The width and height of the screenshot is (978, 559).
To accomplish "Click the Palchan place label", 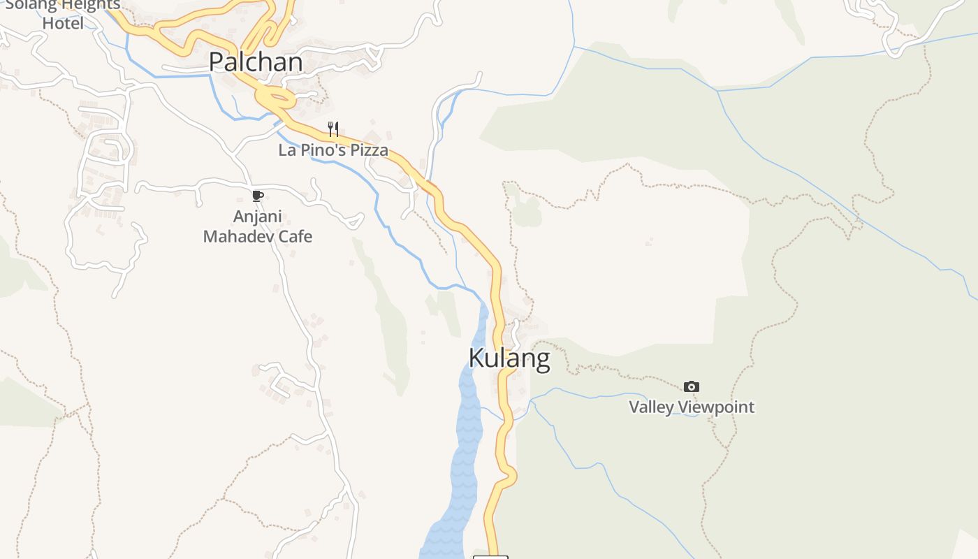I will [256, 62].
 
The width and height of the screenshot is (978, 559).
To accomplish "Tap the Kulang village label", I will [509, 358].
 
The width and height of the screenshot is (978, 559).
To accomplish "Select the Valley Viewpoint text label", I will [692, 407].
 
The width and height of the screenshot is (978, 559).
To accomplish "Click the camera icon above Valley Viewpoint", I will [692, 386].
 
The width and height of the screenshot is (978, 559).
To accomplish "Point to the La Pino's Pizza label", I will [333, 150].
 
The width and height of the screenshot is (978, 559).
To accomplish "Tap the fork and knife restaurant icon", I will [333, 129].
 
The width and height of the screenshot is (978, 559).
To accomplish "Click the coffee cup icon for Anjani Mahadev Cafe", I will [257, 196].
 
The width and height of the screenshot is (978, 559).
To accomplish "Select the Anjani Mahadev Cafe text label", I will [257, 226].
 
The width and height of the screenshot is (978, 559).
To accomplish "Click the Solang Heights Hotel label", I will [63, 14].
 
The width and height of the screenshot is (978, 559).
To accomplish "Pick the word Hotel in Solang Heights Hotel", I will [63, 23].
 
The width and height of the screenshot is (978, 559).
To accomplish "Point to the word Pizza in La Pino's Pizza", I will [367, 150].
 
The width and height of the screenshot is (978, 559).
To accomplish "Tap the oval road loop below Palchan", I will [276, 99].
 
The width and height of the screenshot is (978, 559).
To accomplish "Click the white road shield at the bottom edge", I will [490, 556].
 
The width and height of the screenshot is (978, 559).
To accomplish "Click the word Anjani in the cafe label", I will [257, 217].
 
